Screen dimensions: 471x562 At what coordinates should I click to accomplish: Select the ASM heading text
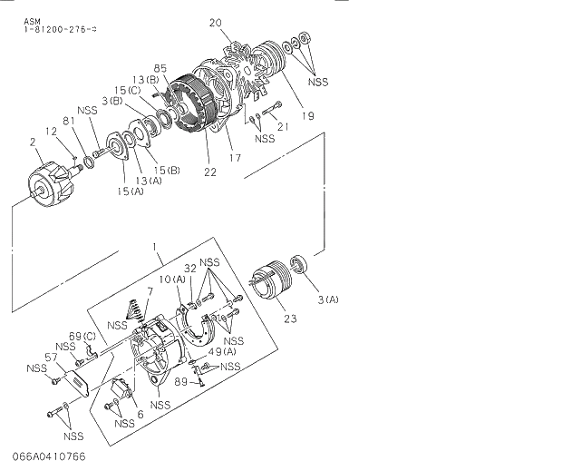click(31, 20)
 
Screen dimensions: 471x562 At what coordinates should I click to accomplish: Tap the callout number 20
click(215, 24)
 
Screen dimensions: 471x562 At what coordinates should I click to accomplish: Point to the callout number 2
click(33, 142)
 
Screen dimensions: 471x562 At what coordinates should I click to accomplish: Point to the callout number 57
click(52, 358)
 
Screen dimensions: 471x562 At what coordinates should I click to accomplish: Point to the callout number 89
click(181, 382)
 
